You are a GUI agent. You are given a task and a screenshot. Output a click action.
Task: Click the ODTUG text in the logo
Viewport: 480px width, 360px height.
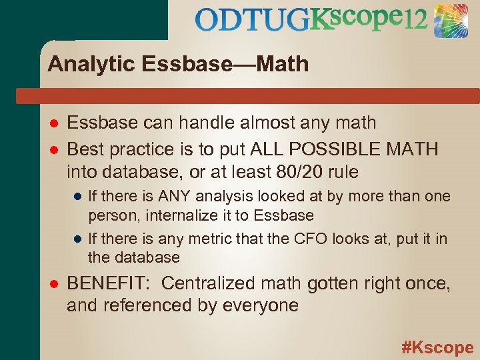click(253, 19)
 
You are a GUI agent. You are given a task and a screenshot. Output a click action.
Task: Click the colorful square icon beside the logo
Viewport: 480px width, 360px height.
click(451, 20)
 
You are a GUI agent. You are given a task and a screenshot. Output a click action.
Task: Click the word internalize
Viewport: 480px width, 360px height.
click(176, 215)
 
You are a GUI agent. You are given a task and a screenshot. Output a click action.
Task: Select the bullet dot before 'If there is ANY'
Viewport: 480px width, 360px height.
click(77, 197)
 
